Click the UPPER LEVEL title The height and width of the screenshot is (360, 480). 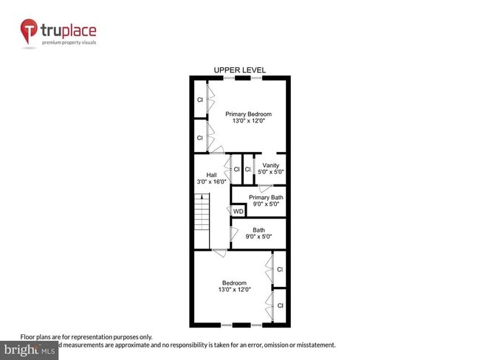[240, 70]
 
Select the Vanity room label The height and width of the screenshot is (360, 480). [271, 165]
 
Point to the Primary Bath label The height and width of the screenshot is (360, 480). [266, 198]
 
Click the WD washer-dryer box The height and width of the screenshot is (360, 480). [238, 212]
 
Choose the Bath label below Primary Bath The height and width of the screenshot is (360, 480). [258, 229]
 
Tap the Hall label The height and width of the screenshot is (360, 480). [211, 175]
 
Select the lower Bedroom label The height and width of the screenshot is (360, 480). [235, 283]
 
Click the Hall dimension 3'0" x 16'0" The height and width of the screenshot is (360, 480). [211, 181]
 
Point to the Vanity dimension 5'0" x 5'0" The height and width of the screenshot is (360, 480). [271, 172]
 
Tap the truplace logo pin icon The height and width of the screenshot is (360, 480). [29, 32]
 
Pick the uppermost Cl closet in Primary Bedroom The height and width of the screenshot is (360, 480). [199, 100]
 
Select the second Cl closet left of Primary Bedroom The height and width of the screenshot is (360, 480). [199, 138]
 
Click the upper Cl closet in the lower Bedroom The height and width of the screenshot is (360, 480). [280, 270]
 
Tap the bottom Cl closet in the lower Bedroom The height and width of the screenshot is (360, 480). [280, 305]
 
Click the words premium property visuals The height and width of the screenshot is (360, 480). [69, 43]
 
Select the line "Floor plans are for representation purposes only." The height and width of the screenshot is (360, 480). [86, 336]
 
